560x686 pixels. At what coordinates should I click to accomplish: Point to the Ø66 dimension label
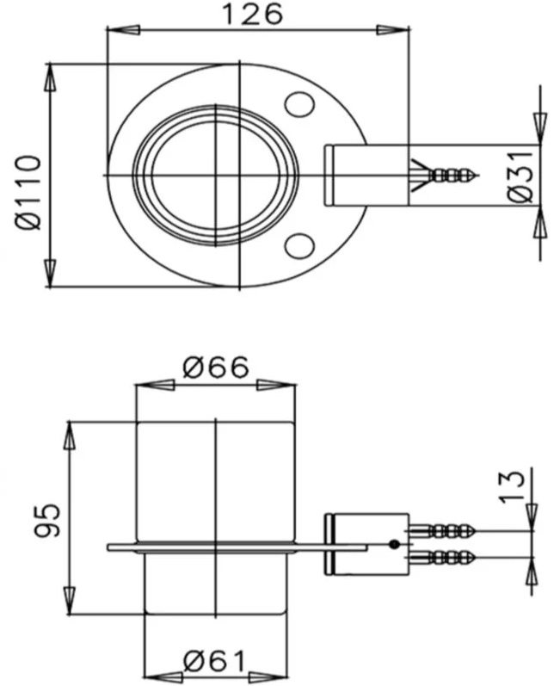[x=216, y=368]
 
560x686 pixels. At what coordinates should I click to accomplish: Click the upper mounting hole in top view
[x=299, y=104]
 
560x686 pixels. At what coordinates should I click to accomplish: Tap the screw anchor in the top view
[x=443, y=175]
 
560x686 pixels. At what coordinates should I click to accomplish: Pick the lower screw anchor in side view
[x=443, y=555]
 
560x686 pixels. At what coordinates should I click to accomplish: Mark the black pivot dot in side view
[x=393, y=544]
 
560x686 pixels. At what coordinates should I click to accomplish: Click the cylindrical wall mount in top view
[x=366, y=176]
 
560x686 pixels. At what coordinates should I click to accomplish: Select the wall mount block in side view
[x=366, y=544]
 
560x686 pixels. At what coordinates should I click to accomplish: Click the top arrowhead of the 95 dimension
[x=68, y=433]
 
